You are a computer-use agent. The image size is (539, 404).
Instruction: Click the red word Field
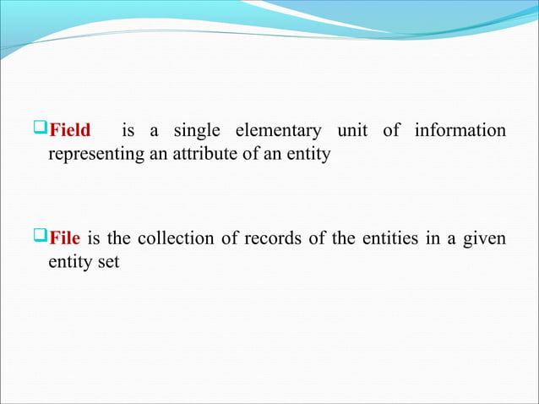[70, 131]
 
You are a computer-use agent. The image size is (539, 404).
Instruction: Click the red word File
[65, 237]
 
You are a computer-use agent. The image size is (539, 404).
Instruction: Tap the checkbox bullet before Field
[41, 130]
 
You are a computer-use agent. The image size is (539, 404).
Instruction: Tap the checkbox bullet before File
[41, 237]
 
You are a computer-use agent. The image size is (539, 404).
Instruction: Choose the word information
[460, 131]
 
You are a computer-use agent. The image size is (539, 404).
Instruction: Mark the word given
[485, 238]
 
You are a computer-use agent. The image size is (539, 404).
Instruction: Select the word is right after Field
[129, 131]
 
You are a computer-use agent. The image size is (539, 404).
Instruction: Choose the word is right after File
[102, 237]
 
